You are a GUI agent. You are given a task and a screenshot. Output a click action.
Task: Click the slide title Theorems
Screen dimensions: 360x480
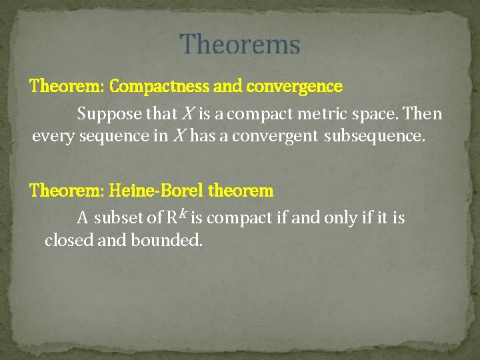(240, 45)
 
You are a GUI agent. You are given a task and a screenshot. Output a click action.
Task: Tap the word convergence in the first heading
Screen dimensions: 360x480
(294, 87)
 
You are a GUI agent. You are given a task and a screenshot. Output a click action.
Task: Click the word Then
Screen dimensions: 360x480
(423, 114)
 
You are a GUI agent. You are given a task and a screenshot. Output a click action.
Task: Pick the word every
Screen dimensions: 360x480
(53, 137)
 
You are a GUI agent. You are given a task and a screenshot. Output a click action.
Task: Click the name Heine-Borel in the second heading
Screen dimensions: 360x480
(156, 191)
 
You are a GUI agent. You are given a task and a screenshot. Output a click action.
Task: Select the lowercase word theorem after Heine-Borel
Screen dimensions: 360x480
(241, 191)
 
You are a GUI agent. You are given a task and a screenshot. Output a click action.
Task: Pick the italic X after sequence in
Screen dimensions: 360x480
(178, 137)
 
